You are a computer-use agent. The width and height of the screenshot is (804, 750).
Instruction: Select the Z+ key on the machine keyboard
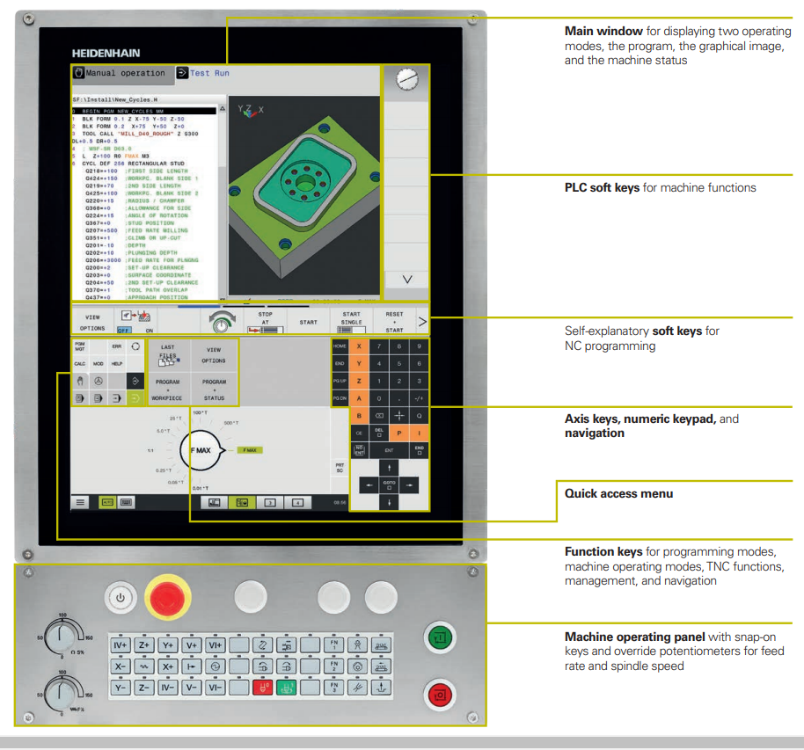[x=145, y=645]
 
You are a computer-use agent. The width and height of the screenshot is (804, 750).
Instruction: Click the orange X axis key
[x=359, y=346]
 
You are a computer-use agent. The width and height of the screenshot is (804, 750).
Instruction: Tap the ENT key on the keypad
[x=389, y=449]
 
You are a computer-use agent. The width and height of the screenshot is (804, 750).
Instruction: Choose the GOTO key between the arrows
[x=389, y=484]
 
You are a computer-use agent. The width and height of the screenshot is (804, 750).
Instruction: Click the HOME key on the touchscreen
[x=339, y=346]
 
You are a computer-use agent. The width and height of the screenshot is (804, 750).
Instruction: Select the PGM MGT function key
[x=79, y=347]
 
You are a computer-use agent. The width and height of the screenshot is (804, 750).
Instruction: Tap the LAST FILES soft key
[x=167, y=353]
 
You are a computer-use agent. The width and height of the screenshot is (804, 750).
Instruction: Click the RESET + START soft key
[x=393, y=322]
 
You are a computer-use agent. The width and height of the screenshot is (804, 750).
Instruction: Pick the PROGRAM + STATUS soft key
[x=213, y=390]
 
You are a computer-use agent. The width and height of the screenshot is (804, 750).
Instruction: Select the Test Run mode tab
[x=209, y=74]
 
